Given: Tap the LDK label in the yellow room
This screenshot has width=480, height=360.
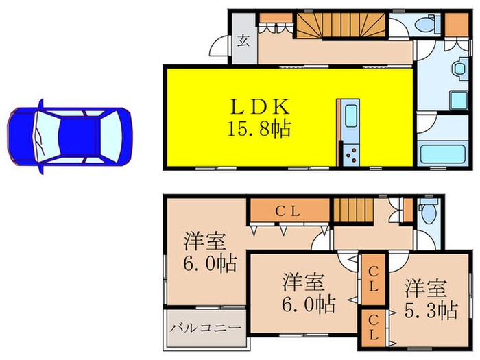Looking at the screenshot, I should pos(262,108).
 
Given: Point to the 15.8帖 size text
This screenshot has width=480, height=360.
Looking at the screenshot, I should pos(262,128).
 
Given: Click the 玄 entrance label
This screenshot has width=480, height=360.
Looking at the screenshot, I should pos(243,40).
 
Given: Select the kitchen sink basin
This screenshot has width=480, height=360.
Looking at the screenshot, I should pos(350,116).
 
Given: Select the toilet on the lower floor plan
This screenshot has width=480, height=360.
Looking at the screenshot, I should pos(428,213).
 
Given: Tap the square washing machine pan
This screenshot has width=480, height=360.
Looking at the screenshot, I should pos(458,100).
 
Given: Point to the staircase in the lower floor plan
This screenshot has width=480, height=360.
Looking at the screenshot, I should pos(351,209).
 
